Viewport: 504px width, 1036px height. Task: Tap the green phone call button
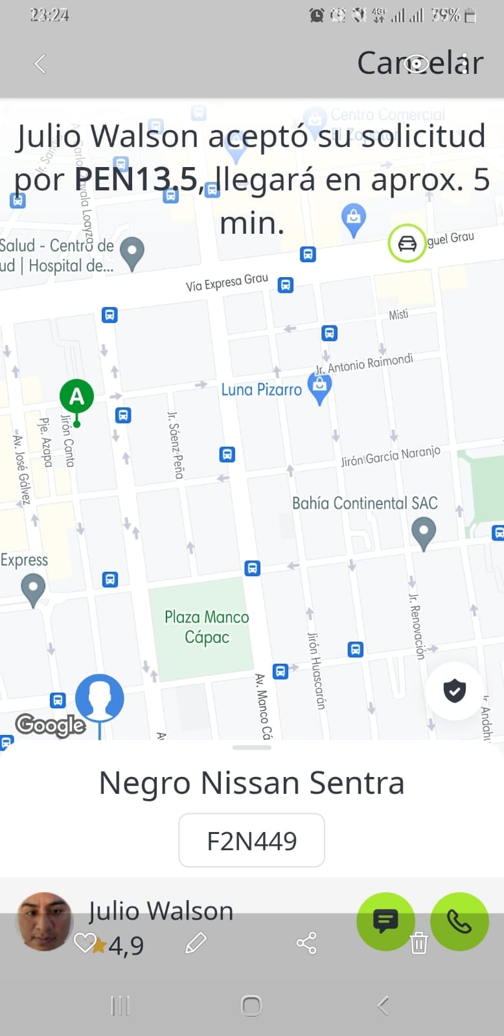(x=459, y=921)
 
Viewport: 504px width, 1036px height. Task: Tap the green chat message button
(x=385, y=921)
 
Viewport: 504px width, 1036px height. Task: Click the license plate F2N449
(x=251, y=840)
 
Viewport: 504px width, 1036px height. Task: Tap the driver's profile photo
(x=44, y=921)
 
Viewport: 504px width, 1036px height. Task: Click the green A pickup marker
(x=76, y=396)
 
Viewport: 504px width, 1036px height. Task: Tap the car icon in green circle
(x=407, y=244)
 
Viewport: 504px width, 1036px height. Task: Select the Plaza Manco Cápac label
(x=207, y=627)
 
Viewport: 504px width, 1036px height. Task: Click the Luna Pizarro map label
(x=261, y=390)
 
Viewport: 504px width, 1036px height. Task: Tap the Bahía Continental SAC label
(x=365, y=503)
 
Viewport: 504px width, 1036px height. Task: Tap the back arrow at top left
(x=40, y=63)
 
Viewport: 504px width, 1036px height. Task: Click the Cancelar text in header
(x=420, y=63)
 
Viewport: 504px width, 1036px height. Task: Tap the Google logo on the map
(x=51, y=725)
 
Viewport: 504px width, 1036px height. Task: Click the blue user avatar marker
(x=99, y=698)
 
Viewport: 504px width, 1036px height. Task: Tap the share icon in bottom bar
(x=306, y=943)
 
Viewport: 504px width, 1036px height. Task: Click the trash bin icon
(x=419, y=943)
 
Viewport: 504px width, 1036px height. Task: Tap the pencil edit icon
(x=196, y=943)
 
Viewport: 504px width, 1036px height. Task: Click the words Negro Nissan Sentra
(x=251, y=783)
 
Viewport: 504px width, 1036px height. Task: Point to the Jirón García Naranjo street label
(x=391, y=456)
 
